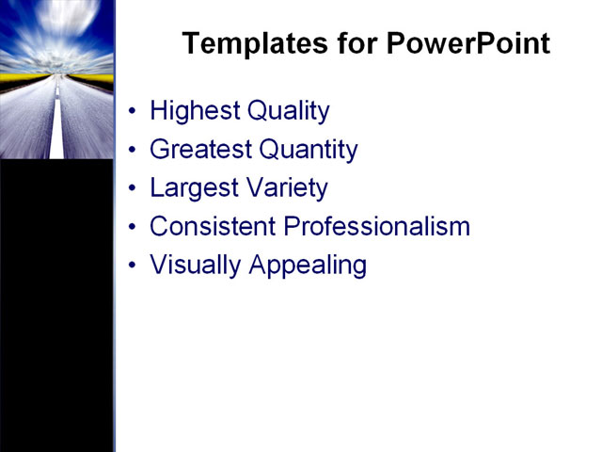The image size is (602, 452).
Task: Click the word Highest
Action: (194, 111)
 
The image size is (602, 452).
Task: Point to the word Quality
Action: (288, 111)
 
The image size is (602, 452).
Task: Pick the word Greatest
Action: (200, 150)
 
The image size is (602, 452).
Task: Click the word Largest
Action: (192, 188)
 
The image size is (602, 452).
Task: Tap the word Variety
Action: (285, 188)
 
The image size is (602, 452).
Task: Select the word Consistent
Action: (213, 227)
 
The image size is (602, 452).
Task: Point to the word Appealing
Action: (308, 266)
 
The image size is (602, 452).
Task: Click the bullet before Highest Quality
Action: (132, 112)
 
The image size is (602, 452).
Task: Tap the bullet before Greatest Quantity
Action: (132, 151)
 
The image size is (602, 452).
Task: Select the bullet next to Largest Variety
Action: (132, 189)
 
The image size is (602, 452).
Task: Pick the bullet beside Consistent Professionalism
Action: (132, 228)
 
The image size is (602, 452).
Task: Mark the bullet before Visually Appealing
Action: (132, 266)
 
